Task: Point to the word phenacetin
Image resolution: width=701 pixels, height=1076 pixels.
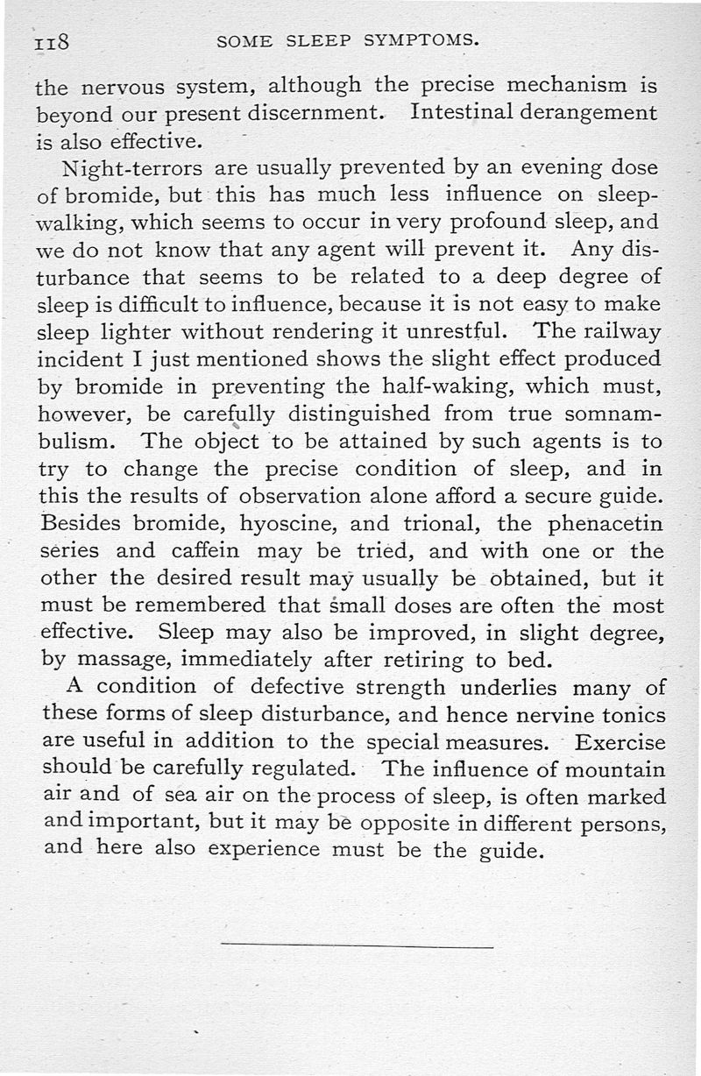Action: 604,525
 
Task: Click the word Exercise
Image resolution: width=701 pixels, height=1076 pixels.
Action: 620,743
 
